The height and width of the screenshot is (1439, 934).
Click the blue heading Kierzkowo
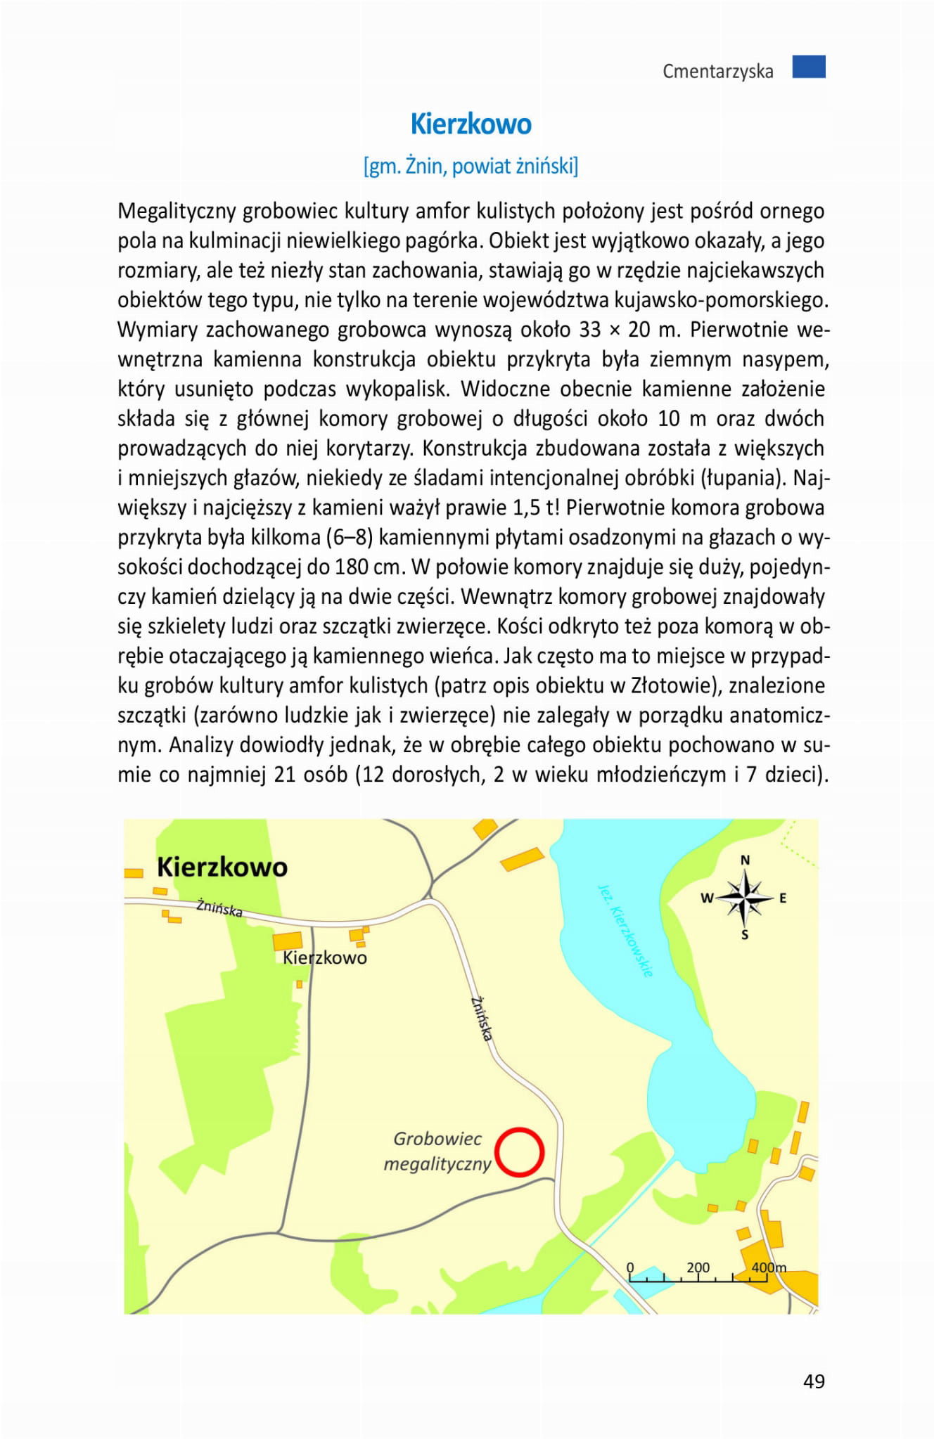tap(471, 124)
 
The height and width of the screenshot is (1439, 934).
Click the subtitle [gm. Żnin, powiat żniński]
tap(471, 167)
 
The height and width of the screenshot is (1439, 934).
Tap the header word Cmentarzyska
tap(717, 72)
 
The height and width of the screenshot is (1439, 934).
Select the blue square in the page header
tap(808, 67)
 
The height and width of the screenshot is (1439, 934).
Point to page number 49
tap(814, 1381)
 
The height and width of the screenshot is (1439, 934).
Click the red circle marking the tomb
tap(519, 1151)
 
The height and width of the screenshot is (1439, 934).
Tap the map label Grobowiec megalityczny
tap(437, 1151)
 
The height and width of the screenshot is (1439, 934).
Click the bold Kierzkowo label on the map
tap(222, 867)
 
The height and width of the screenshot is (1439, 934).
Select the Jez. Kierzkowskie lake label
tap(625, 929)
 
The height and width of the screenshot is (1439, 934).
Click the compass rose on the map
tap(745, 898)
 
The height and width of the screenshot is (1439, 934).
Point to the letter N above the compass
tap(746, 860)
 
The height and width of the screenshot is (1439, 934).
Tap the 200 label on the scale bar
tap(698, 1267)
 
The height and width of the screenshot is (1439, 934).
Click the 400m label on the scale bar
tap(769, 1267)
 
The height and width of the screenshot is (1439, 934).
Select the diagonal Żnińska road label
tap(482, 1017)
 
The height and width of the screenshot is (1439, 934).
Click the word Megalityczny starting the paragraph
tap(177, 211)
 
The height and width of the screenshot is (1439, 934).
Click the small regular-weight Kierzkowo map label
tap(325, 957)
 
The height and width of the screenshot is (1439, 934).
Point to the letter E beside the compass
tap(783, 898)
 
